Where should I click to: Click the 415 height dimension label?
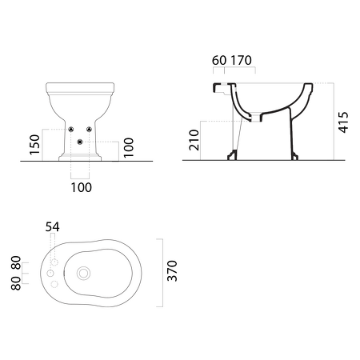343,122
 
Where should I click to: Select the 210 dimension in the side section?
194,140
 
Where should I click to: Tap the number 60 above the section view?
219,61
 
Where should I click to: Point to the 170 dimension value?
241,61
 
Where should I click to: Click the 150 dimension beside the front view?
34,145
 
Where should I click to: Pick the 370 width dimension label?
172,271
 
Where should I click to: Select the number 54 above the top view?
53,227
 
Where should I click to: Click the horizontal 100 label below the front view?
82,187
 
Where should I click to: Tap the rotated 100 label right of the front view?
129,148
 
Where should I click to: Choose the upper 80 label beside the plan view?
16,262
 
